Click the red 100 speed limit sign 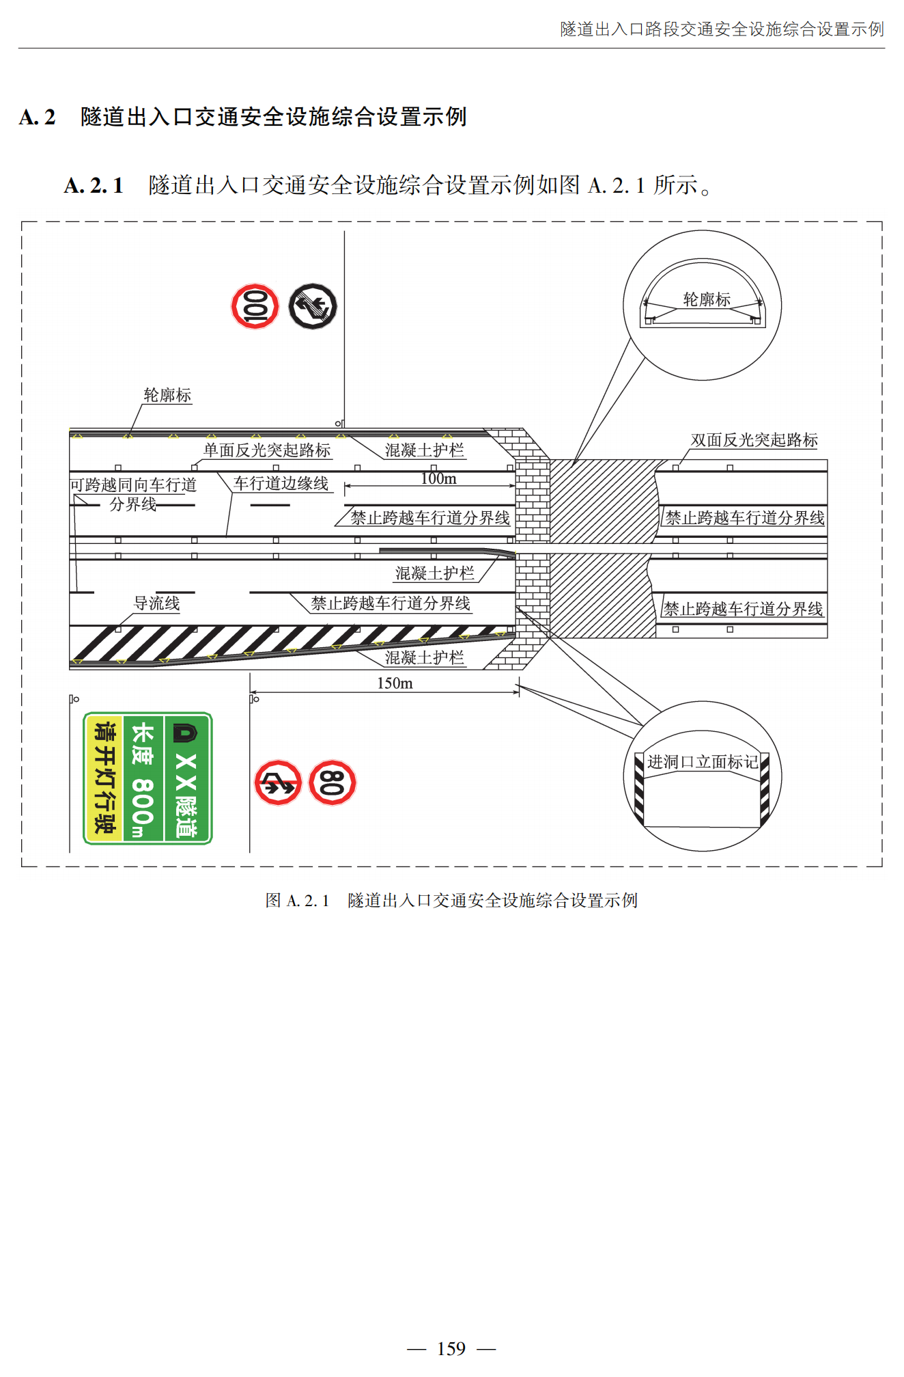(x=255, y=306)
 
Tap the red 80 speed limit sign (x=333, y=782)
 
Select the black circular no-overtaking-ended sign (x=313, y=306)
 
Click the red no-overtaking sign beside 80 (x=278, y=782)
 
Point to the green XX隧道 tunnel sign (x=147, y=778)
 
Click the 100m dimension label (x=438, y=479)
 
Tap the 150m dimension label (x=395, y=683)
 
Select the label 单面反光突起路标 (x=267, y=450)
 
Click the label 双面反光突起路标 (x=754, y=440)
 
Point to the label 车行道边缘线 (x=281, y=484)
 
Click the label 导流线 (x=156, y=603)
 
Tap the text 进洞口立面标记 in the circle (x=703, y=762)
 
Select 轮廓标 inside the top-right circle (x=707, y=299)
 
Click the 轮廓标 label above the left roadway (x=167, y=395)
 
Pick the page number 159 (x=451, y=1349)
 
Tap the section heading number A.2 (x=38, y=118)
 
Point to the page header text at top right (x=722, y=29)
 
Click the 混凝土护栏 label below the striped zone (x=424, y=657)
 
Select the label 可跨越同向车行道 (x=133, y=485)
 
